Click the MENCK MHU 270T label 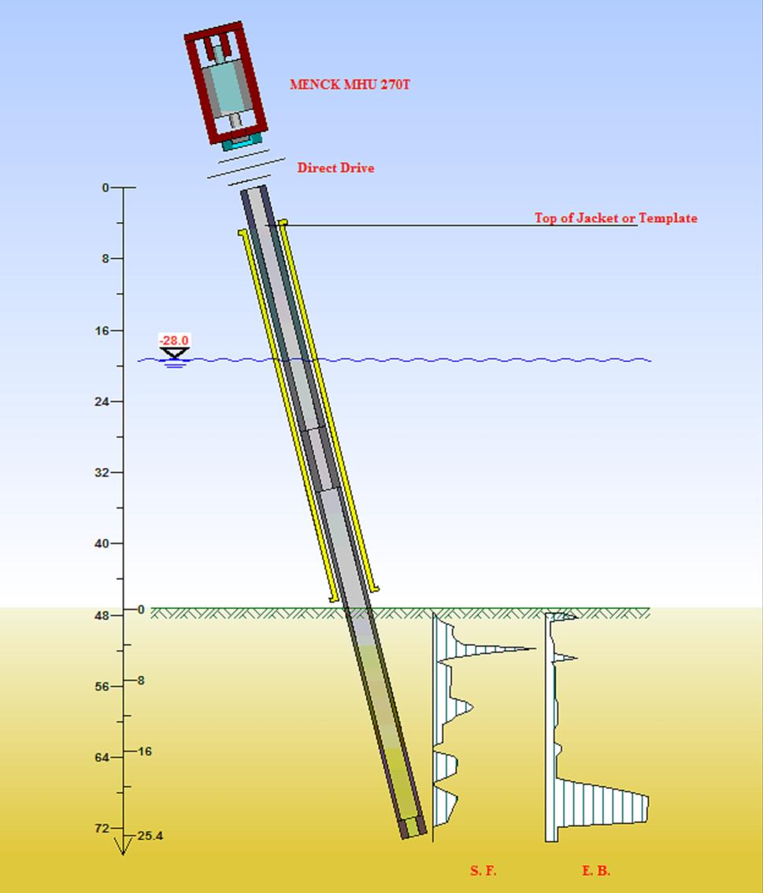[x=350, y=84]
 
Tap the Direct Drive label [x=335, y=168]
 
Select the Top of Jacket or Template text [x=616, y=218]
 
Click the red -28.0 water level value [x=174, y=340]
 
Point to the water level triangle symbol [x=174, y=353]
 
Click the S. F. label [x=483, y=870]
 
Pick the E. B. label [x=596, y=870]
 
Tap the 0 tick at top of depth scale [x=106, y=187]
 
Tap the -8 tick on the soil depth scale [x=140, y=681]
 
